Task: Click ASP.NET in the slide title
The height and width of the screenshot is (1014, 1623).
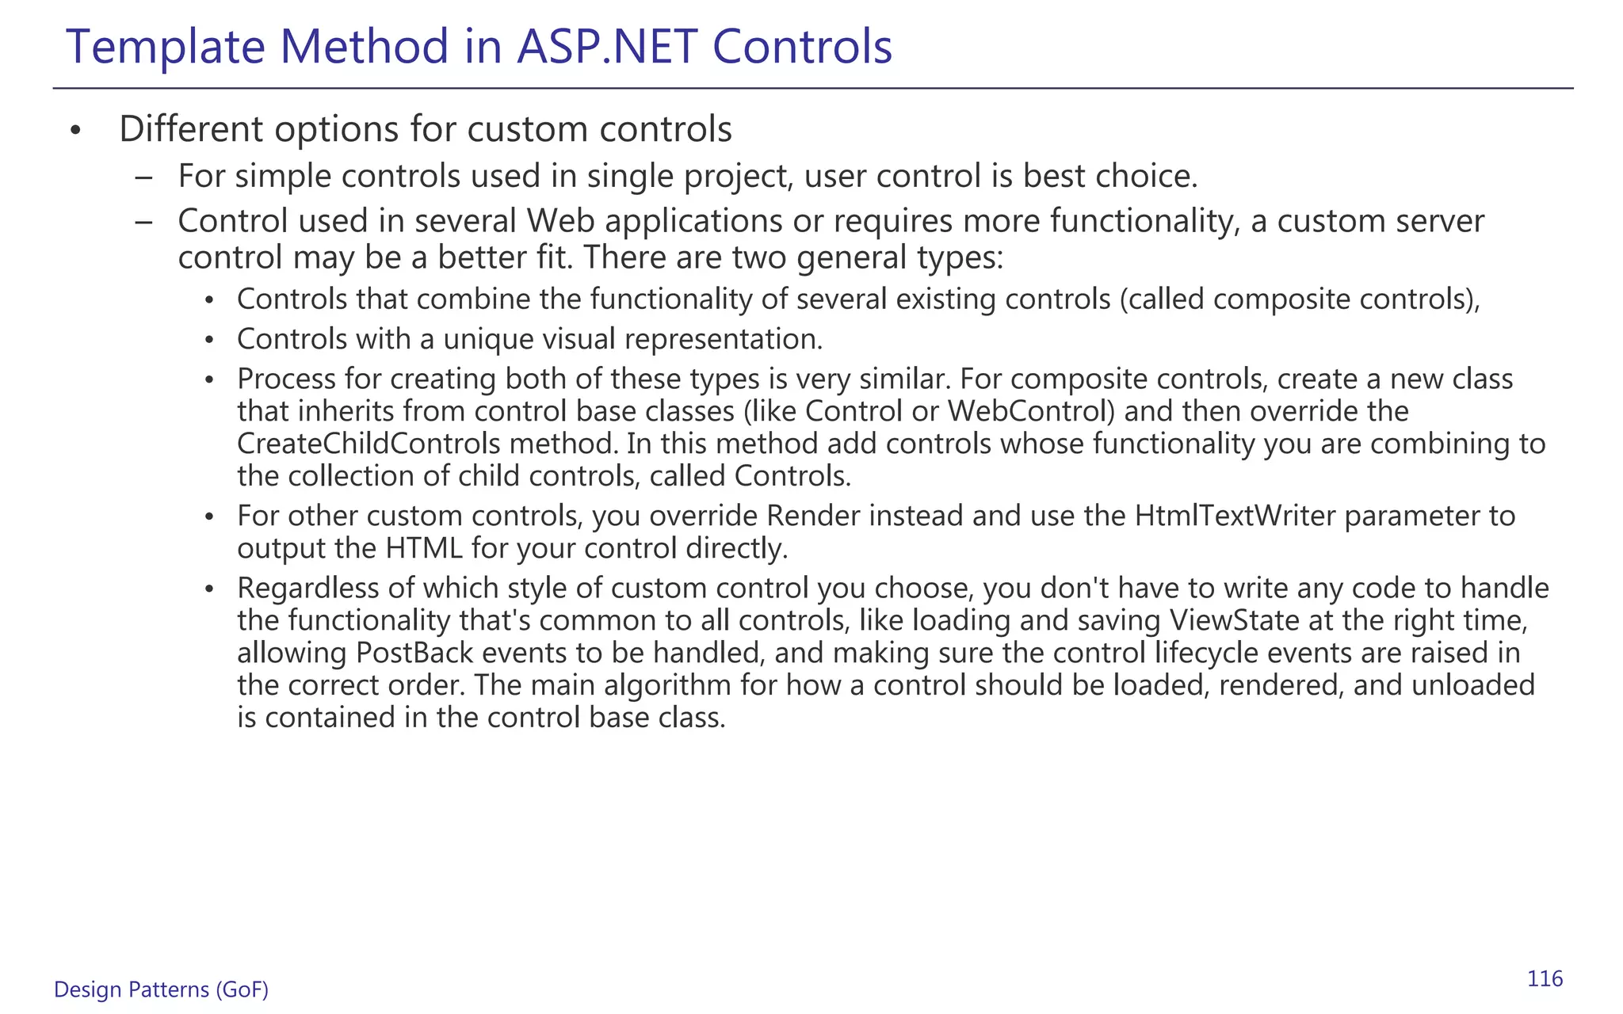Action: [606, 47]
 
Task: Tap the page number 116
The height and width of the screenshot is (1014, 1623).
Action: [1545, 979]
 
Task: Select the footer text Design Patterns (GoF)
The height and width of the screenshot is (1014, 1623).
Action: [161, 989]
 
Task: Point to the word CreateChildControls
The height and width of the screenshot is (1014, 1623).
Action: [369, 444]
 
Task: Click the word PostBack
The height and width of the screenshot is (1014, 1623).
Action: [414, 653]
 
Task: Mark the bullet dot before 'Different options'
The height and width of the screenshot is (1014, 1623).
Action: [75, 131]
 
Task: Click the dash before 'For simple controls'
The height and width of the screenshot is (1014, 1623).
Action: [143, 176]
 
